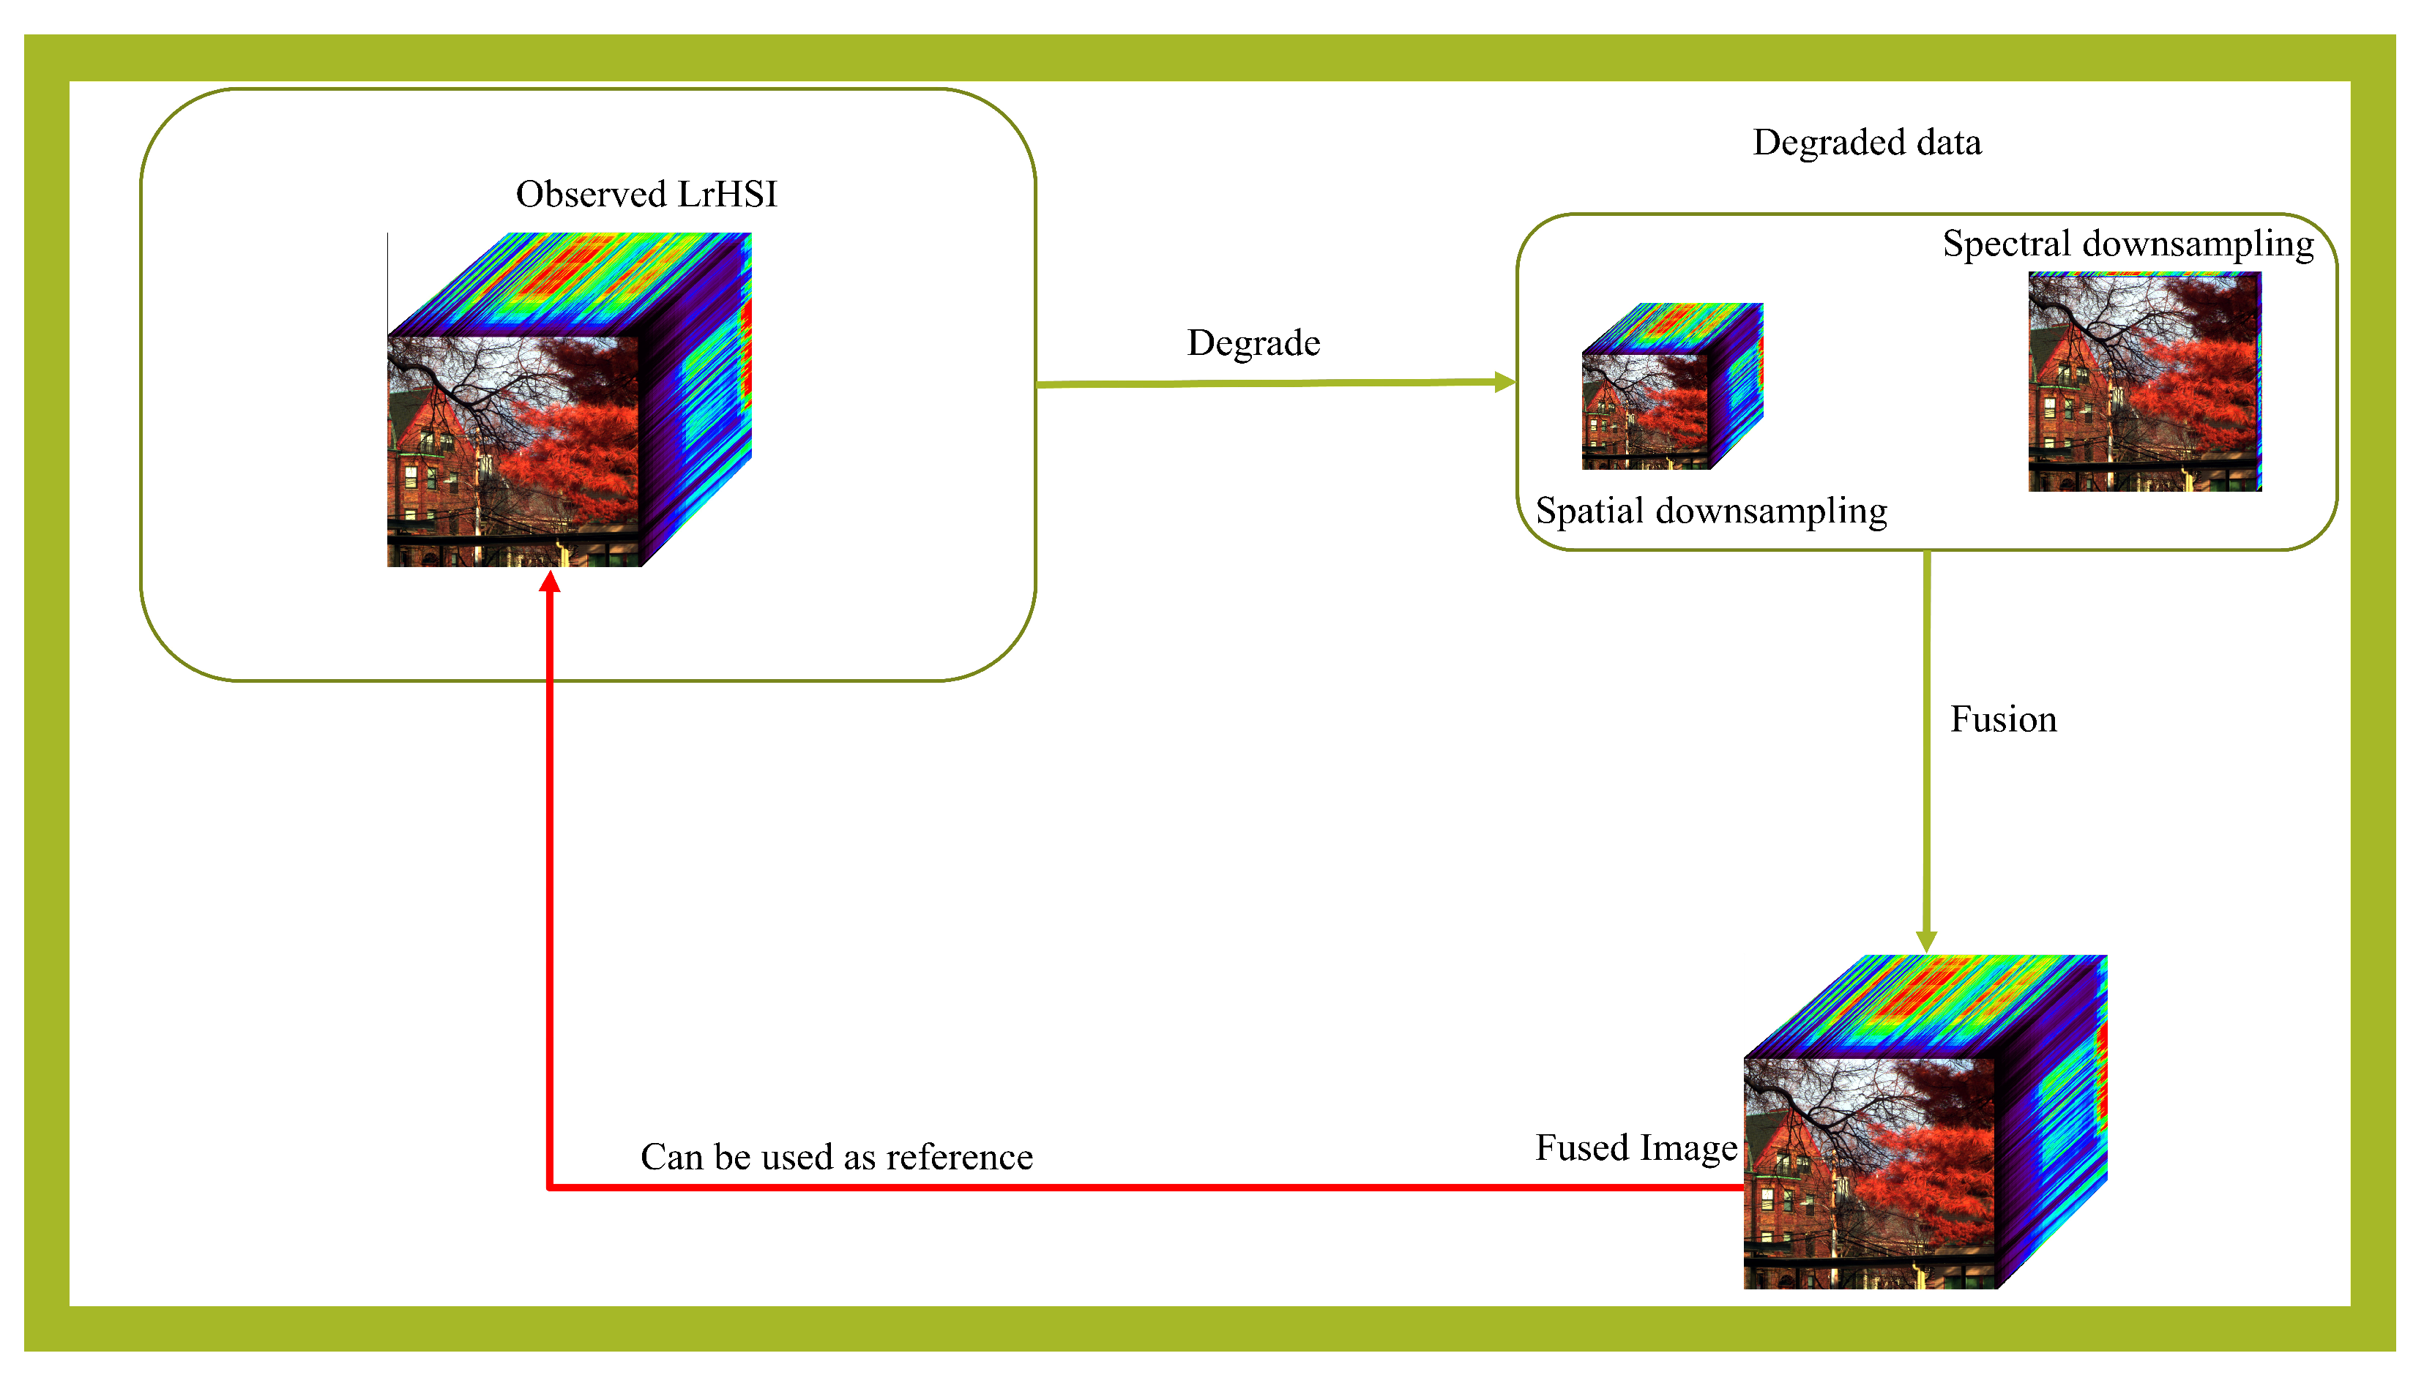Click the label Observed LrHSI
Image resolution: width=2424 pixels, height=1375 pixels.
pos(646,195)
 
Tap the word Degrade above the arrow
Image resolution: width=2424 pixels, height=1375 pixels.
pos(1253,342)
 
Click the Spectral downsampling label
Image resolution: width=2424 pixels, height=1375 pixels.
pos(2127,244)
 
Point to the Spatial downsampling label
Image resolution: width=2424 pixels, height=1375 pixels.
pos(1710,511)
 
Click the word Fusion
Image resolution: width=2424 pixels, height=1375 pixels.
pos(2003,719)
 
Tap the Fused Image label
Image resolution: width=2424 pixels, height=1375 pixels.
pos(1636,1147)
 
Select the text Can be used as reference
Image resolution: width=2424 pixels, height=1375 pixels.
pos(836,1157)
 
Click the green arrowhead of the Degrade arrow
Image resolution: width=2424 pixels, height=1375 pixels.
pos(1505,383)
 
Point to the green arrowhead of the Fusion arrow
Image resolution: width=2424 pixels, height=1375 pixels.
pos(1926,942)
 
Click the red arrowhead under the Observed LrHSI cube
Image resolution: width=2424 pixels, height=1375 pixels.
pos(550,582)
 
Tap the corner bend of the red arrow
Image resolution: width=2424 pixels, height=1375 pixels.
pos(550,1187)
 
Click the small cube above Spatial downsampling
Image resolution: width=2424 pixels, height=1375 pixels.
pos(1670,387)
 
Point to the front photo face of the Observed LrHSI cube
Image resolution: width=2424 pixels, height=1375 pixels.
pos(513,452)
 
